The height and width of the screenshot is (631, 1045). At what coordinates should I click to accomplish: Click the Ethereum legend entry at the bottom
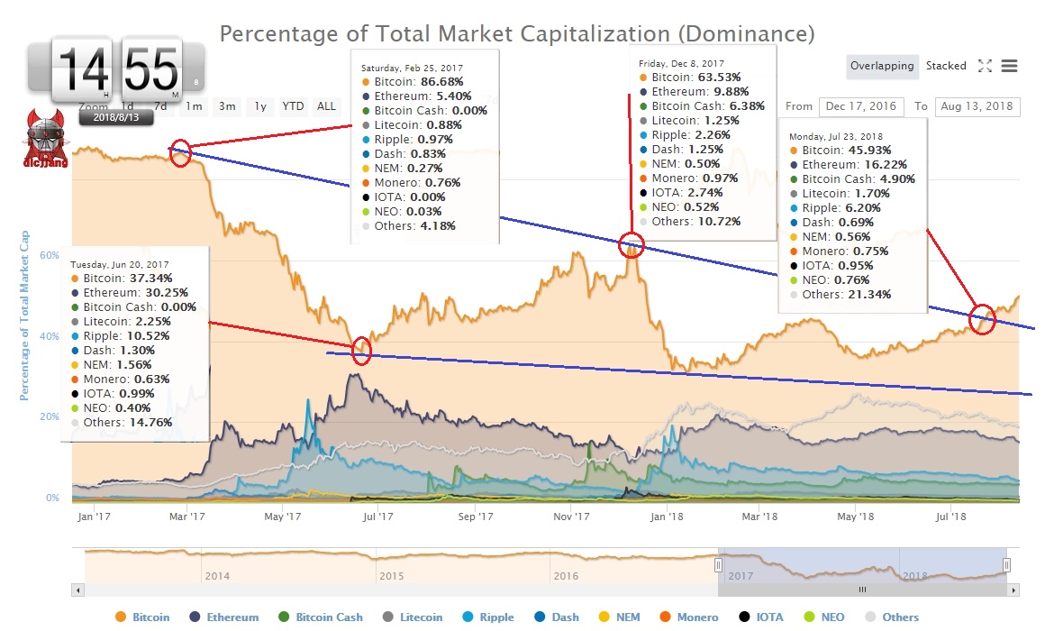(x=232, y=617)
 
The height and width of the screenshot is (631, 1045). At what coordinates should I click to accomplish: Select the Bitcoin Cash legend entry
(x=328, y=617)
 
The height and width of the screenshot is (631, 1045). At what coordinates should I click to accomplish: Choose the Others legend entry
(x=900, y=617)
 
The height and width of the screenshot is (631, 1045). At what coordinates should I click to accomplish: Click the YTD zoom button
(x=293, y=106)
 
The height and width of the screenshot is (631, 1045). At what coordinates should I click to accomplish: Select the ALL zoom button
(x=326, y=106)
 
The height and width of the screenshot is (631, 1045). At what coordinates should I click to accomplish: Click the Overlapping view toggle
(x=882, y=66)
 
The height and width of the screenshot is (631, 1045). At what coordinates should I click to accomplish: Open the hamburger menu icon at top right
(x=1009, y=66)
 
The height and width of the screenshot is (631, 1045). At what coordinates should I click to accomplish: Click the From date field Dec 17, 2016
(x=860, y=106)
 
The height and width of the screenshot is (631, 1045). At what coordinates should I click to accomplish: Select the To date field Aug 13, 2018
(x=977, y=106)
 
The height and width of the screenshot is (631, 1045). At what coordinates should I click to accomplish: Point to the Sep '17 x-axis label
(x=475, y=517)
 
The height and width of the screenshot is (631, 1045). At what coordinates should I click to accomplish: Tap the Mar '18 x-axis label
(x=759, y=517)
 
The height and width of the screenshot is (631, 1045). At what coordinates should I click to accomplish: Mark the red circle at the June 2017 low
(x=361, y=351)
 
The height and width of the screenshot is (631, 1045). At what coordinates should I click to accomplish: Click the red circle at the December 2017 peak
(x=632, y=244)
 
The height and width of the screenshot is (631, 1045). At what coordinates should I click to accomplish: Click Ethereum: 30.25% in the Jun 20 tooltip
(x=123, y=293)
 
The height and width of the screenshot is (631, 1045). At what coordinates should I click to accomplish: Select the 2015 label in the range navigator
(x=391, y=575)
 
